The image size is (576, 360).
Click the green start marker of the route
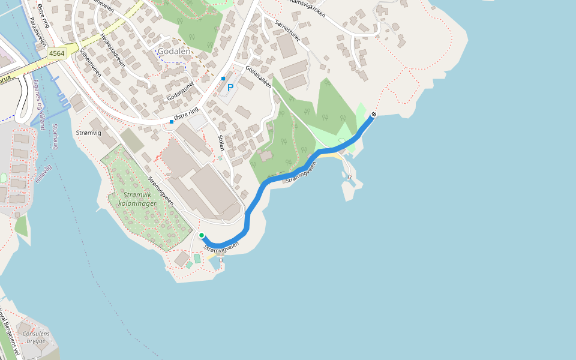pos(202,235)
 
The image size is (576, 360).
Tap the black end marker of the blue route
pos(374,114)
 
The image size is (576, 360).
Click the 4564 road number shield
pos(57,53)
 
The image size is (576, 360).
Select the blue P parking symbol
pos(230,88)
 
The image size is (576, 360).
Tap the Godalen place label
pos(174,52)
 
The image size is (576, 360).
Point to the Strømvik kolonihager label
pos(140,199)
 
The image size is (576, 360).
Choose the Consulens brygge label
pos(35,337)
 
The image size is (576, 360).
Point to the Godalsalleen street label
pos(258,76)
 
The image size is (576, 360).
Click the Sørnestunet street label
pos(289,25)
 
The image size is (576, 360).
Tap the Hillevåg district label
pos(44,166)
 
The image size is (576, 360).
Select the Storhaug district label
pos(55,136)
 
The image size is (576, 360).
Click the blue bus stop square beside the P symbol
pos(223,79)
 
